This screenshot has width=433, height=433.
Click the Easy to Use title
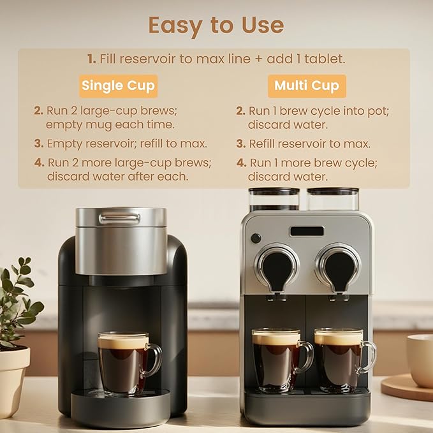point(216,25)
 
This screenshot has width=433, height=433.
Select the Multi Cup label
point(307,85)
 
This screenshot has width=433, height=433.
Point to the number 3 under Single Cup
point(38,143)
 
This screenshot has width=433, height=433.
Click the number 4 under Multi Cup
point(241,163)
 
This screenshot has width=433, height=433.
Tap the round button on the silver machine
point(256,238)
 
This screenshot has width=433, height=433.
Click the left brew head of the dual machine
point(276,267)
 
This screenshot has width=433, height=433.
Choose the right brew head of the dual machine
point(338,267)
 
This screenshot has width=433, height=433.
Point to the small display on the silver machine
point(307,231)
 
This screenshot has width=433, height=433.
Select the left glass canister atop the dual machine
point(274,199)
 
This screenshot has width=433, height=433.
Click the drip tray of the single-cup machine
point(121,406)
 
